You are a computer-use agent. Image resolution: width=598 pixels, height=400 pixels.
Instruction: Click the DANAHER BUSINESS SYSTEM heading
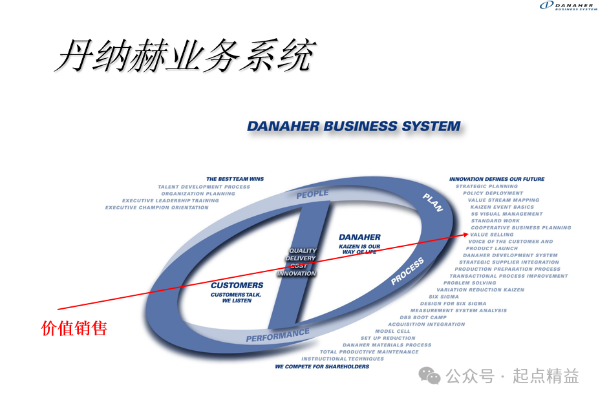click(354, 126)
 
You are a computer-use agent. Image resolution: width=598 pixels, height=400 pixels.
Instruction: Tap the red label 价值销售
click(74, 328)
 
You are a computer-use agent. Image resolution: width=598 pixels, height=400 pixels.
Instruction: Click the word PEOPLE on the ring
click(312, 194)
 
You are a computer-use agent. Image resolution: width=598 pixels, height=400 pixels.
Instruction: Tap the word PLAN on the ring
click(432, 202)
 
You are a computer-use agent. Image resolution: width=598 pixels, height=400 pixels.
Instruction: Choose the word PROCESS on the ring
click(408, 271)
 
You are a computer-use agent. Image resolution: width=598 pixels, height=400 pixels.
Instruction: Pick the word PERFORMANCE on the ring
click(277, 335)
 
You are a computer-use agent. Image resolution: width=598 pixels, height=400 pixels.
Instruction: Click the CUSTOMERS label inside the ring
click(237, 285)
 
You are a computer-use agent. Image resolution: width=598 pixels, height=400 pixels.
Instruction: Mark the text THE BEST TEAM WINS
click(235, 179)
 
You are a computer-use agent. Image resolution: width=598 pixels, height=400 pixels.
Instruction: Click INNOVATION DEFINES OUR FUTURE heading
click(497, 179)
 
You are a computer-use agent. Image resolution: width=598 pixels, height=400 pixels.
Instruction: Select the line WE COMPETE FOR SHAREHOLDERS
click(322, 366)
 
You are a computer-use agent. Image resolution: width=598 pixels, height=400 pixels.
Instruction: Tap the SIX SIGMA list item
click(443, 297)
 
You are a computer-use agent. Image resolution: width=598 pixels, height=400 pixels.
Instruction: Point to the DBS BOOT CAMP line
click(423, 317)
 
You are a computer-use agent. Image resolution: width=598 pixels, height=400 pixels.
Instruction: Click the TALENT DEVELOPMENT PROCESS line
click(204, 187)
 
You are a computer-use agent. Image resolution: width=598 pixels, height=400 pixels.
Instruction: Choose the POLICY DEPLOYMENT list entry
click(493, 193)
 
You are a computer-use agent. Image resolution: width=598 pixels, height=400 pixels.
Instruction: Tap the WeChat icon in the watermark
click(429, 375)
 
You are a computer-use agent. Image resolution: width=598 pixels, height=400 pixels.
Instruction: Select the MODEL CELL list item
click(392, 332)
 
